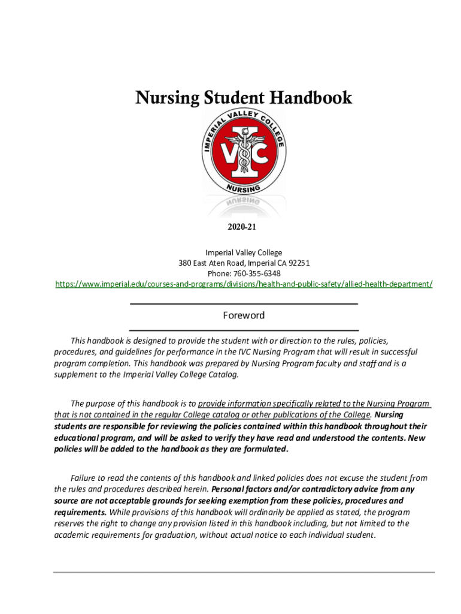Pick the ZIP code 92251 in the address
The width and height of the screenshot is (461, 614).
pos(299,263)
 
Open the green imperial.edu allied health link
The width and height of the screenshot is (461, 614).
pos(244,284)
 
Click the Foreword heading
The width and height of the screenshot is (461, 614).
pos(244,315)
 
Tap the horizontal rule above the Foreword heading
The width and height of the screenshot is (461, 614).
pos(244,304)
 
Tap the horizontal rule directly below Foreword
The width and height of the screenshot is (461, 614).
pos(244,330)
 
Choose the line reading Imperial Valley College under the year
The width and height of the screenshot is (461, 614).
pos(244,252)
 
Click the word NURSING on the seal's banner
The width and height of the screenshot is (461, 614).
pos(243,188)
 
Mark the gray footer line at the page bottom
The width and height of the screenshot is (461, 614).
pos(244,573)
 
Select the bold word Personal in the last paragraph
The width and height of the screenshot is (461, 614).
pos(228,489)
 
